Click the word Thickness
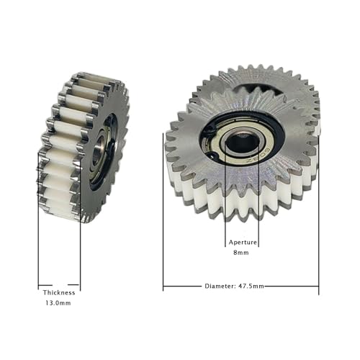pyautogui.click(x=58, y=292)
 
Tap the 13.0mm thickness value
pyautogui.click(x=58, y=303)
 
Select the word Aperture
pyautogui.click(x=241, y=243)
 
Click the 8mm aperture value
pyautogui.click(x=241, y=253)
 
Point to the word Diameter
pyautogui.click(x=220, y=286)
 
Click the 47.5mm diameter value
pyautogui.click(x=251, y=286)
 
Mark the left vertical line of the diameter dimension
pyautogui.click(x=163, y=209)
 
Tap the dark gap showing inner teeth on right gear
pyautogui.click(x=252, y=91)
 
